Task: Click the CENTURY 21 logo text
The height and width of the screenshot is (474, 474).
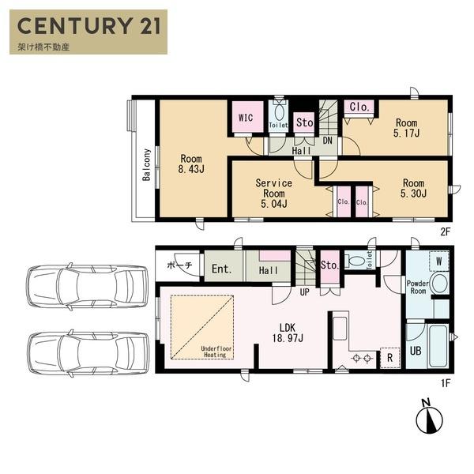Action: pyautogui.click(x=88, y=26)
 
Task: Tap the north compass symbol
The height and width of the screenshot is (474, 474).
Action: pyautogui.click(x=429, y=417)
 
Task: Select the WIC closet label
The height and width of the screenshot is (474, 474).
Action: pyautogui.click(x=246, y=118)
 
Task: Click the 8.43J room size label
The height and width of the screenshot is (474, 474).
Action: pyautogui.click(x=191, y=169)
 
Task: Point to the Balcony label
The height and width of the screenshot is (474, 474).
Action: pyautogui.click(x=147, y=165)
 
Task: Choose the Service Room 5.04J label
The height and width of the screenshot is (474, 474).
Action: pyautogui.click(x=274, y=194)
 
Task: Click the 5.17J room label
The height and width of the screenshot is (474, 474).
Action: pyautogui.click(x=406, y=133)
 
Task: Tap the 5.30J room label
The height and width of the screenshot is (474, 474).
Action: pyautogui.click(x=413, y=194)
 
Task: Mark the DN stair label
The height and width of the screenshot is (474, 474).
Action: pyautogui.click(x=328, y=141)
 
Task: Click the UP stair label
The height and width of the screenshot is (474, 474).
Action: pyautogui.click(x=305, y=292)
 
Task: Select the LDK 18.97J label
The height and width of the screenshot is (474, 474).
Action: pyautogui.click(x=288, y=333)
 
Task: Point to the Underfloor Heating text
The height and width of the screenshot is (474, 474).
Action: pyautogui.click(x=216, y=352)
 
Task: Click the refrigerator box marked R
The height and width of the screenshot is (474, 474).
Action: pyautogui.click(x=390, y=358)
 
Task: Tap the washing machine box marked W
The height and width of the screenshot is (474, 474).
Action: pyautogui.click(x=439, y=261)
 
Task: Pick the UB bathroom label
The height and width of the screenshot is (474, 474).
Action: pyautogui.click(x=416, y=351)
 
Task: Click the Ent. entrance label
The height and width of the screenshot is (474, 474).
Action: pyautogui.click(x=221, y=269)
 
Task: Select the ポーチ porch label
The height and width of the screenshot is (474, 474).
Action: pyautogui.click(x=179, y=265)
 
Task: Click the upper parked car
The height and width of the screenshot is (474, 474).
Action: pyautogui.click(x=88, y=287)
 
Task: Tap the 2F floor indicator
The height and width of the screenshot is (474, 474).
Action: pyautogui.click(x=446, y=231)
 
